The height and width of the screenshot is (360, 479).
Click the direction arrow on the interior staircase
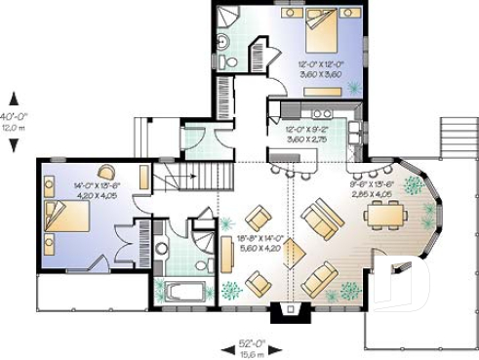point(191,177)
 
